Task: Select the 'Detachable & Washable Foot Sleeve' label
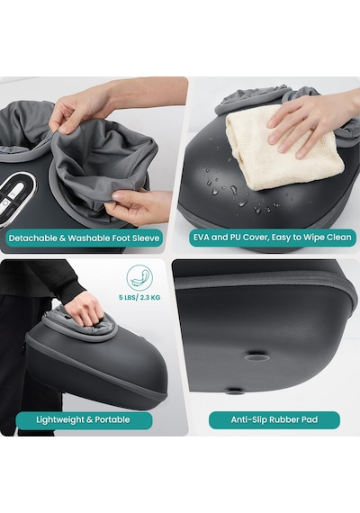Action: coord(84,238)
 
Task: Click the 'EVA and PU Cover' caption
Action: coord(272,237)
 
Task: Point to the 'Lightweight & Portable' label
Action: coord(83,419)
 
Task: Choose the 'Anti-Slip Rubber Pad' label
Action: coord(274,419)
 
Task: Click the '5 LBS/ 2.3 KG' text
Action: coord(139,298)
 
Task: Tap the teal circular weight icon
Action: coord(139,278)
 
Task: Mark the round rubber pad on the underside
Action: coord(257,356)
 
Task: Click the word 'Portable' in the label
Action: coord(112,419)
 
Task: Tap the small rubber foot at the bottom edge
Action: coord(234,390)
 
